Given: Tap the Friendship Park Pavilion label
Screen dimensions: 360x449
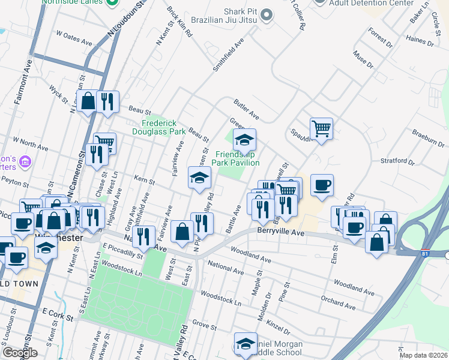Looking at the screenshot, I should point(237,158).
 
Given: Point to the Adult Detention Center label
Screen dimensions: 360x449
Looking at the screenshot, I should point(372,3).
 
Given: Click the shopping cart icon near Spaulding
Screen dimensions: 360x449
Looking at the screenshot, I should point(322,128).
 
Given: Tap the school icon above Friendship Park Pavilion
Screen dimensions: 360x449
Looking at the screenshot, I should point(244,140).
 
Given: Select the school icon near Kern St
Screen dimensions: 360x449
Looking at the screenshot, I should point(200,178).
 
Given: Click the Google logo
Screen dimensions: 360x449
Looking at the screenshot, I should point(20,353).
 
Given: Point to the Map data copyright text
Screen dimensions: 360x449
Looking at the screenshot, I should point(424,355).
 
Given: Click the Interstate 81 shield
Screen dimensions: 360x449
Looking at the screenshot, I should point(425,254).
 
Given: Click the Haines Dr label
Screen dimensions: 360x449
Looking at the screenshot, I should point(420,40).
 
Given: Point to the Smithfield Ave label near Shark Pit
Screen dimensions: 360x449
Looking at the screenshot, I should point(229,56).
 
